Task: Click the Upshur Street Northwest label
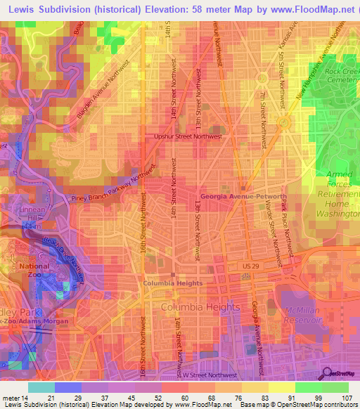click(x=188, y=138)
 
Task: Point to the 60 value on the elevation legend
click(x=183, y=398)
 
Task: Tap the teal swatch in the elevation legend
click(x=41, y=387)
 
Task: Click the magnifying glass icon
click(x=326, y=373)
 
